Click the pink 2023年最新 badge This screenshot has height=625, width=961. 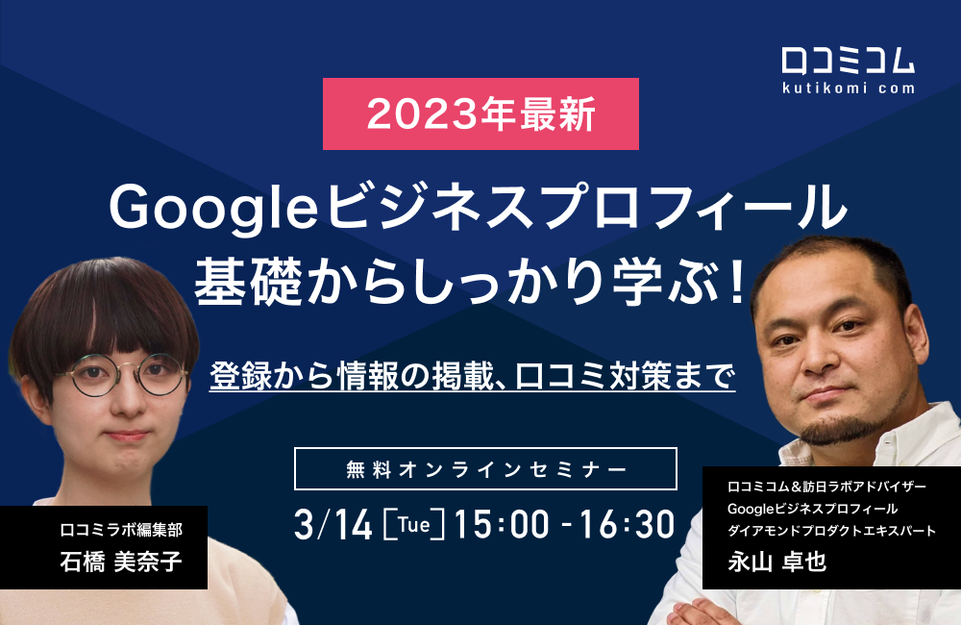[x=480, y=114]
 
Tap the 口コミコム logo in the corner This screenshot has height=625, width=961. [x=849, y=64]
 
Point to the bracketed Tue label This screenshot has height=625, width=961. [x=413, y=525]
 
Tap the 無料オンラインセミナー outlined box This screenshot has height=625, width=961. [x=485, y=469]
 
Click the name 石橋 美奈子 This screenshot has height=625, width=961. [x=106, y=561]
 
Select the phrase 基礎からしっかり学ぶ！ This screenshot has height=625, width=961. [x=471, y=286]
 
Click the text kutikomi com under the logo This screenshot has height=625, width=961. [x=849, y=88]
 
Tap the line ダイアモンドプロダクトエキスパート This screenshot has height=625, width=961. [x=831, y=531]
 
